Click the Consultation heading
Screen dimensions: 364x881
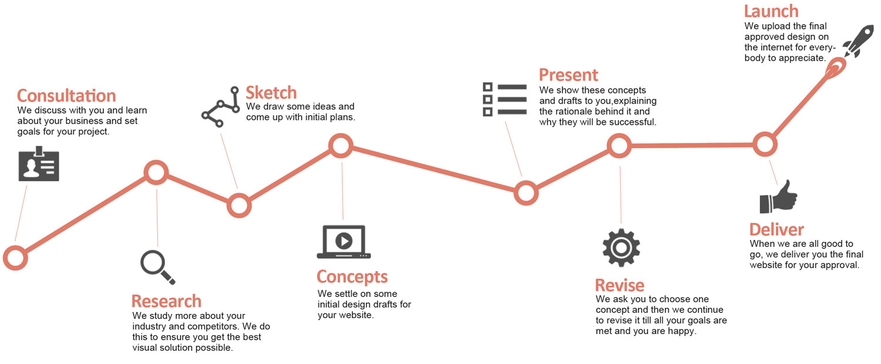click(x=66, y=95)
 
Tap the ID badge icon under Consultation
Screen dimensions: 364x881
click(x=39, y=164)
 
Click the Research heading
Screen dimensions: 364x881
click(x=166, y=301)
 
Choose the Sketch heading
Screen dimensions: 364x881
click(x=271, y=92)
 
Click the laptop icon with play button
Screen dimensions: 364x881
click(x=344, y=241)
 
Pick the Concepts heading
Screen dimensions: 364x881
click(x=352, y=276)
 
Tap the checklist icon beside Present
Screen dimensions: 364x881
click(x=505, y=99)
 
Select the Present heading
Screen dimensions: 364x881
click(x=569, y=75)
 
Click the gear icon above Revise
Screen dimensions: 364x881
click(x=621, y=248)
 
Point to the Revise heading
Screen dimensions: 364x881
click(x=620, y=286)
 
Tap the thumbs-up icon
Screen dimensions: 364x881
click(x=778, y=198)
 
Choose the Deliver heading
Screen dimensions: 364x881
click(x=776, y=229)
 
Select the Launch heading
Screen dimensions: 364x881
click(x=771, y=11)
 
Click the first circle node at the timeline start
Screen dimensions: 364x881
click(x=15, y=258)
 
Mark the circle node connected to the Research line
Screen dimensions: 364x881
click(x=156, y=172)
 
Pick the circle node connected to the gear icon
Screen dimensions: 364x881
click(x=619, y=145)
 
